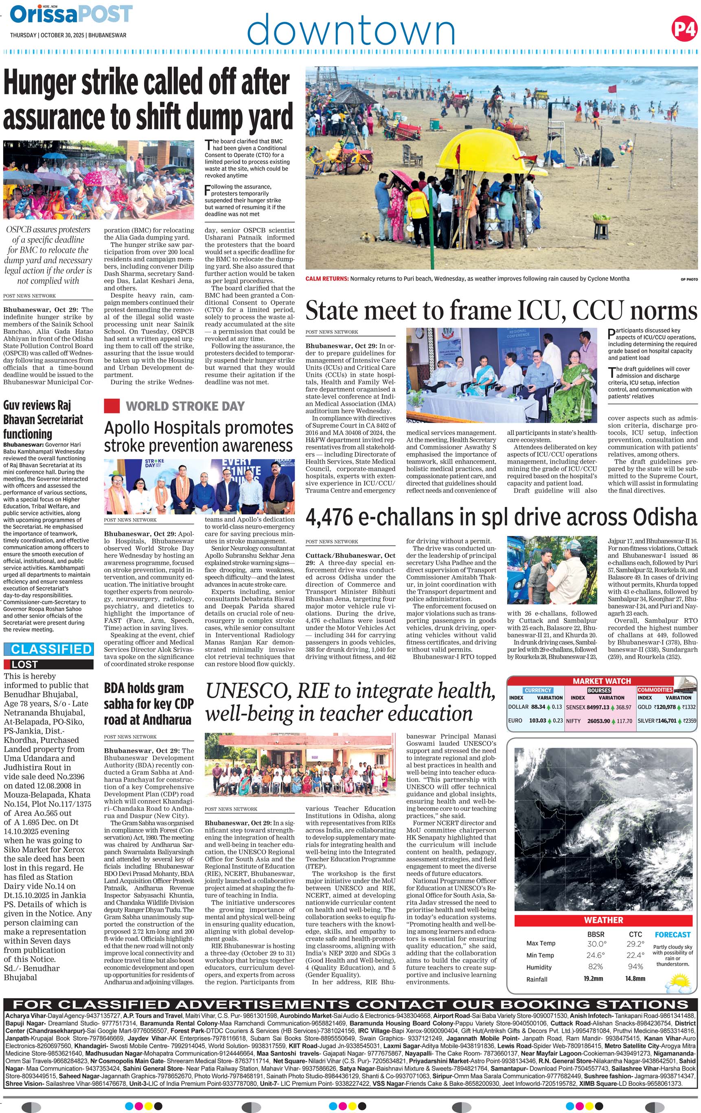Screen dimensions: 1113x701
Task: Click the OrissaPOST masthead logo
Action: pos(71,15)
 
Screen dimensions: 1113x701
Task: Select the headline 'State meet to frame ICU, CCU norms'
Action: pos(501,310)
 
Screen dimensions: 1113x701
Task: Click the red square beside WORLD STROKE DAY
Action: pos(112,406)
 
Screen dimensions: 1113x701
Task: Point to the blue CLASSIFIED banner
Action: pos(48,649)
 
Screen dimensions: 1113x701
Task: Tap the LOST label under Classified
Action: pos(25,664)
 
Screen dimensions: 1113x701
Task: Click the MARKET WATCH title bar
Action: pos(601,681)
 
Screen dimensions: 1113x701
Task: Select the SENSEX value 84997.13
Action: pos(598,707)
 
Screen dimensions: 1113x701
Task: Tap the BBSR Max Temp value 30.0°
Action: pos(596,944)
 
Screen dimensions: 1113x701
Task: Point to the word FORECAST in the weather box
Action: pos(673,935)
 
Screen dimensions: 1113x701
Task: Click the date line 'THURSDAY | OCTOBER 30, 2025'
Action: pos(48,35)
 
